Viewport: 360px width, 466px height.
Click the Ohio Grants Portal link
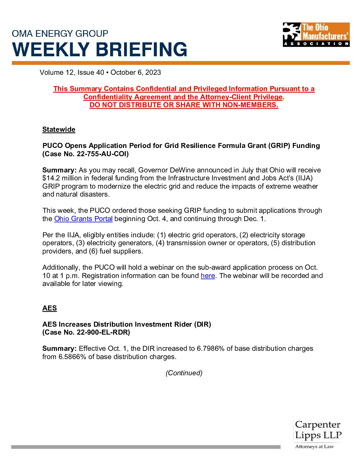pos(83,219)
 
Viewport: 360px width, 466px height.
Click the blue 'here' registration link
pos(208,276)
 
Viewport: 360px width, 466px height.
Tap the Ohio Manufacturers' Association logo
pos(316,34)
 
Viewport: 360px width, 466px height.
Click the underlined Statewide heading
pos(59,129)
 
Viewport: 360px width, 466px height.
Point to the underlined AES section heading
pos(50,308)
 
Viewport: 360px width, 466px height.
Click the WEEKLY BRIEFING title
pos(100,49)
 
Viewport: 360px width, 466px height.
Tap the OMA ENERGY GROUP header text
pos(60,33)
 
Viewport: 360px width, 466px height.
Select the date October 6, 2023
pos(136,72)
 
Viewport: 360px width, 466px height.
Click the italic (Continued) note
pos(184,373)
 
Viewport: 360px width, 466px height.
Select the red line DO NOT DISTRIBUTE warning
pos(184,105)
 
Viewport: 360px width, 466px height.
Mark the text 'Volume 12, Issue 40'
pos(72,72)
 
